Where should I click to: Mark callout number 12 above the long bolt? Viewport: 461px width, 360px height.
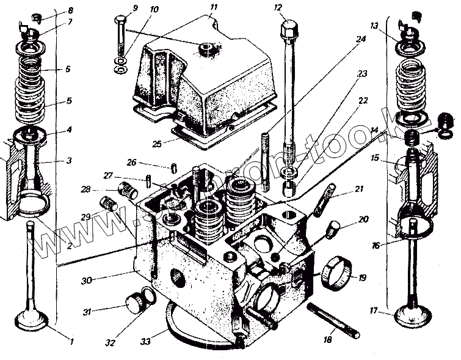278,8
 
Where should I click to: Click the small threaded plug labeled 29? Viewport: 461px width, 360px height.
108,203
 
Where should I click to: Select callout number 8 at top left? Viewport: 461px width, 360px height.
70,11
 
